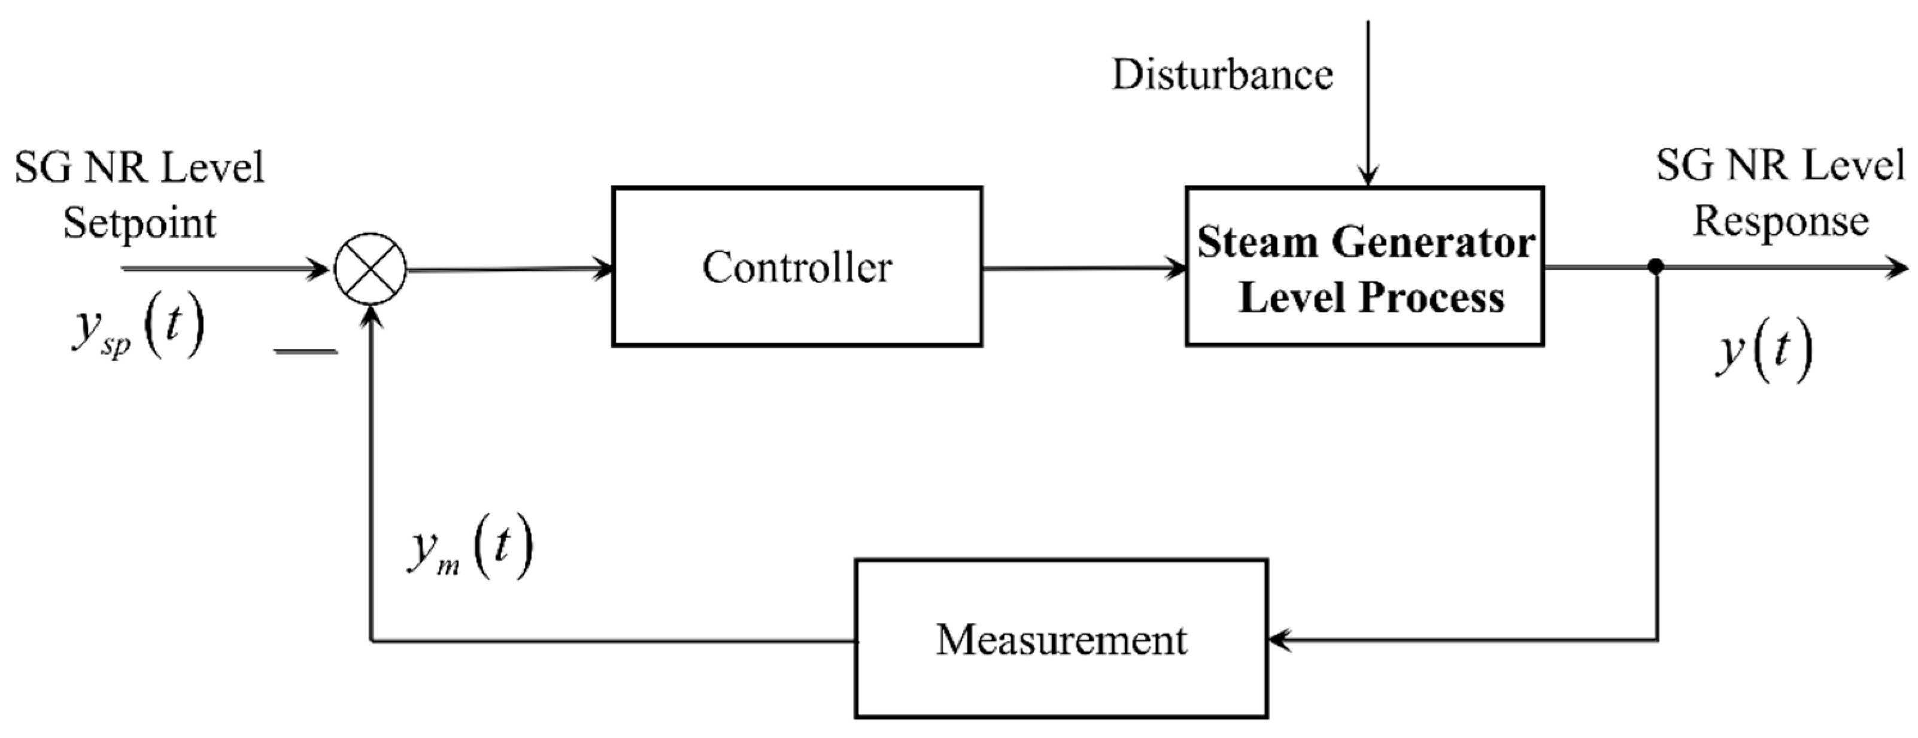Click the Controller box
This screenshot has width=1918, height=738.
pos(797,266)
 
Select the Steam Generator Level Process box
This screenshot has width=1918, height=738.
pos(1364,266)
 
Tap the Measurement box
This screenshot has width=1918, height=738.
pos(1061,639)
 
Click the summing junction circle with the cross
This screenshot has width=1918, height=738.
pos(370,269)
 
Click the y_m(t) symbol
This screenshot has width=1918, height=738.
pos(470,553)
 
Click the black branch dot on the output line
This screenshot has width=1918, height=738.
pos(1655,266)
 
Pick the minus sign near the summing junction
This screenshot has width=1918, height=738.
pos(306,351)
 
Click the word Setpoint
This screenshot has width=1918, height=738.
pos(139,223)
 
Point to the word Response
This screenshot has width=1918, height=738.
pos(1781,221)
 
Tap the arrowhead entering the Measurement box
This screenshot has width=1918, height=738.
pos(1279,639)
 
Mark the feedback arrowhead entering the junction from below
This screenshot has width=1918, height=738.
pos(371,317)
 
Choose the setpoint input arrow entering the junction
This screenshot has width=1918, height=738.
pos(223,269)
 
